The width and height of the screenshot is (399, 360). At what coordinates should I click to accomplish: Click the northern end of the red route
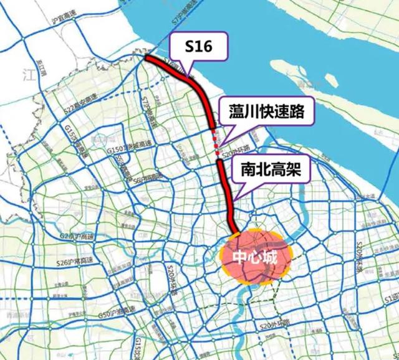coord(147,57)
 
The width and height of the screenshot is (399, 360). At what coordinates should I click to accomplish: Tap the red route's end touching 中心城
coord(237,233)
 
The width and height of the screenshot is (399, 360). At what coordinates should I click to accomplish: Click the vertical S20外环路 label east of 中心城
coord(359,257)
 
